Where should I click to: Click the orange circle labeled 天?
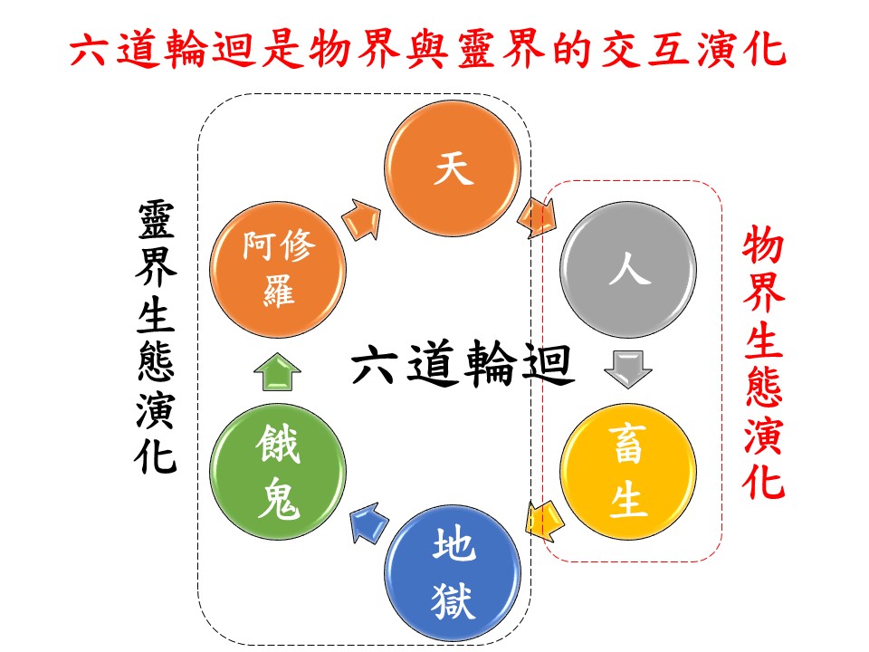tap(454, 171)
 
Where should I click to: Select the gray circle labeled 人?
tap(629, 269)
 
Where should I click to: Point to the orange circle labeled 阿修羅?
tap(278, 269)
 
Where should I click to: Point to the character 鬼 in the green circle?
tap(278, 500)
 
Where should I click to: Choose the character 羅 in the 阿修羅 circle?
tap(278, 290)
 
